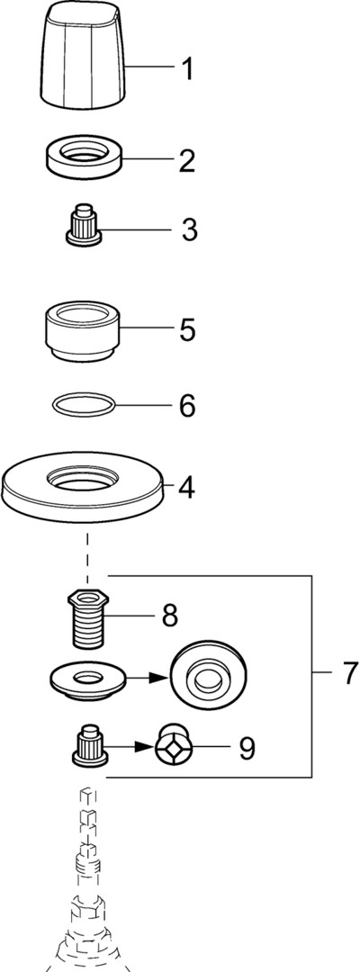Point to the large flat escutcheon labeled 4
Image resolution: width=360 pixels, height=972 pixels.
[x=86, y=489]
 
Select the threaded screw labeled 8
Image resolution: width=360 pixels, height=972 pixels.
[x=86, y=618]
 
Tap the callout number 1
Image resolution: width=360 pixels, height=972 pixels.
[x=186, y=70]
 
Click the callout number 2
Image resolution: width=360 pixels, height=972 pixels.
[x=187, y=160]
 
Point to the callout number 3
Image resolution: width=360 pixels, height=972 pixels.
[x=188, y=230]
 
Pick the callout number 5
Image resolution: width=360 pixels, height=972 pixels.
[x=187, y=329]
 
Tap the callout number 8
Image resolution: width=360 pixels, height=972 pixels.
[x=169, y=616]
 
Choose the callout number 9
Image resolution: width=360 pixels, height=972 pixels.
[x=246, y=748]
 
